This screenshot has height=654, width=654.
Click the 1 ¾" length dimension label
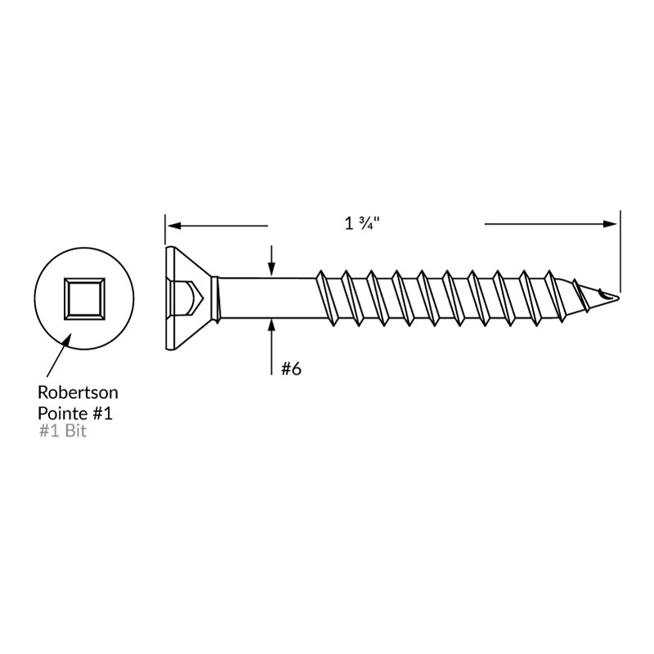point(362,223)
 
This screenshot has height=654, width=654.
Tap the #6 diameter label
point(291,369)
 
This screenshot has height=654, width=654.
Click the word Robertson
point(78,392)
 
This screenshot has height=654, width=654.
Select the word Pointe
point(62,414)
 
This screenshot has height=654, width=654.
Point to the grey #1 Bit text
point(63,431)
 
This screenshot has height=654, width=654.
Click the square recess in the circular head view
point(84,299)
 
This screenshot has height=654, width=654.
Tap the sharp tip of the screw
point(618,298)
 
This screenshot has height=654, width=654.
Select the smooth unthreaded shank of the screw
point(267,298)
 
